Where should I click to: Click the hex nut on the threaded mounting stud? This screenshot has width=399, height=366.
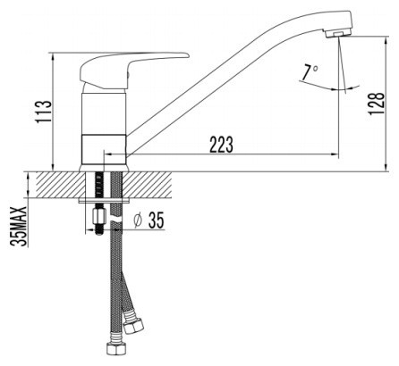coord(98,217)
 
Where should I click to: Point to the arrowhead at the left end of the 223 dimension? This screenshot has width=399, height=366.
coord(109,154)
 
